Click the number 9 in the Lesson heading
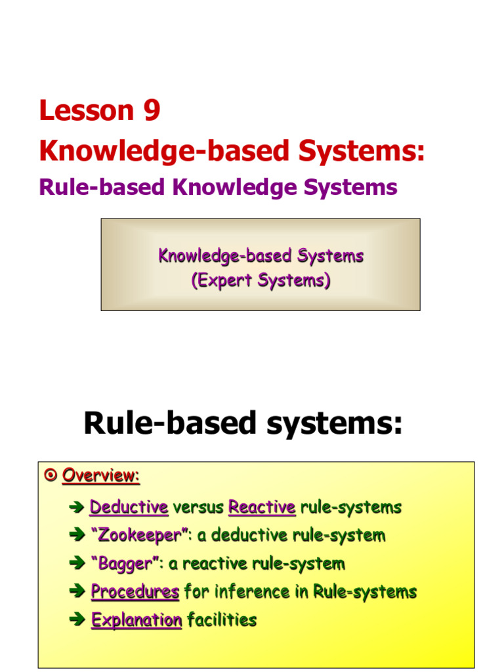(x=150, y=111)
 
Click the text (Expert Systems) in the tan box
(x=261, y=281)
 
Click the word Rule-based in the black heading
(x=164, y=425)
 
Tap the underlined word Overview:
(x=101, y=476)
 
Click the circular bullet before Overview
(x=51, y=476)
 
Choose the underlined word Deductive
(x=129, y=507)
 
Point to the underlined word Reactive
(x=262, y=507)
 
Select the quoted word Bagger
(x=123, y=564)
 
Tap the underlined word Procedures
(x=135, y=592)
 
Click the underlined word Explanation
(x=136, y=620)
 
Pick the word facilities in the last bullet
(x=222, y=620)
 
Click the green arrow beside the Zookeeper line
(x=77, y=535)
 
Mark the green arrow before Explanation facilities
(x=77, y=620)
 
